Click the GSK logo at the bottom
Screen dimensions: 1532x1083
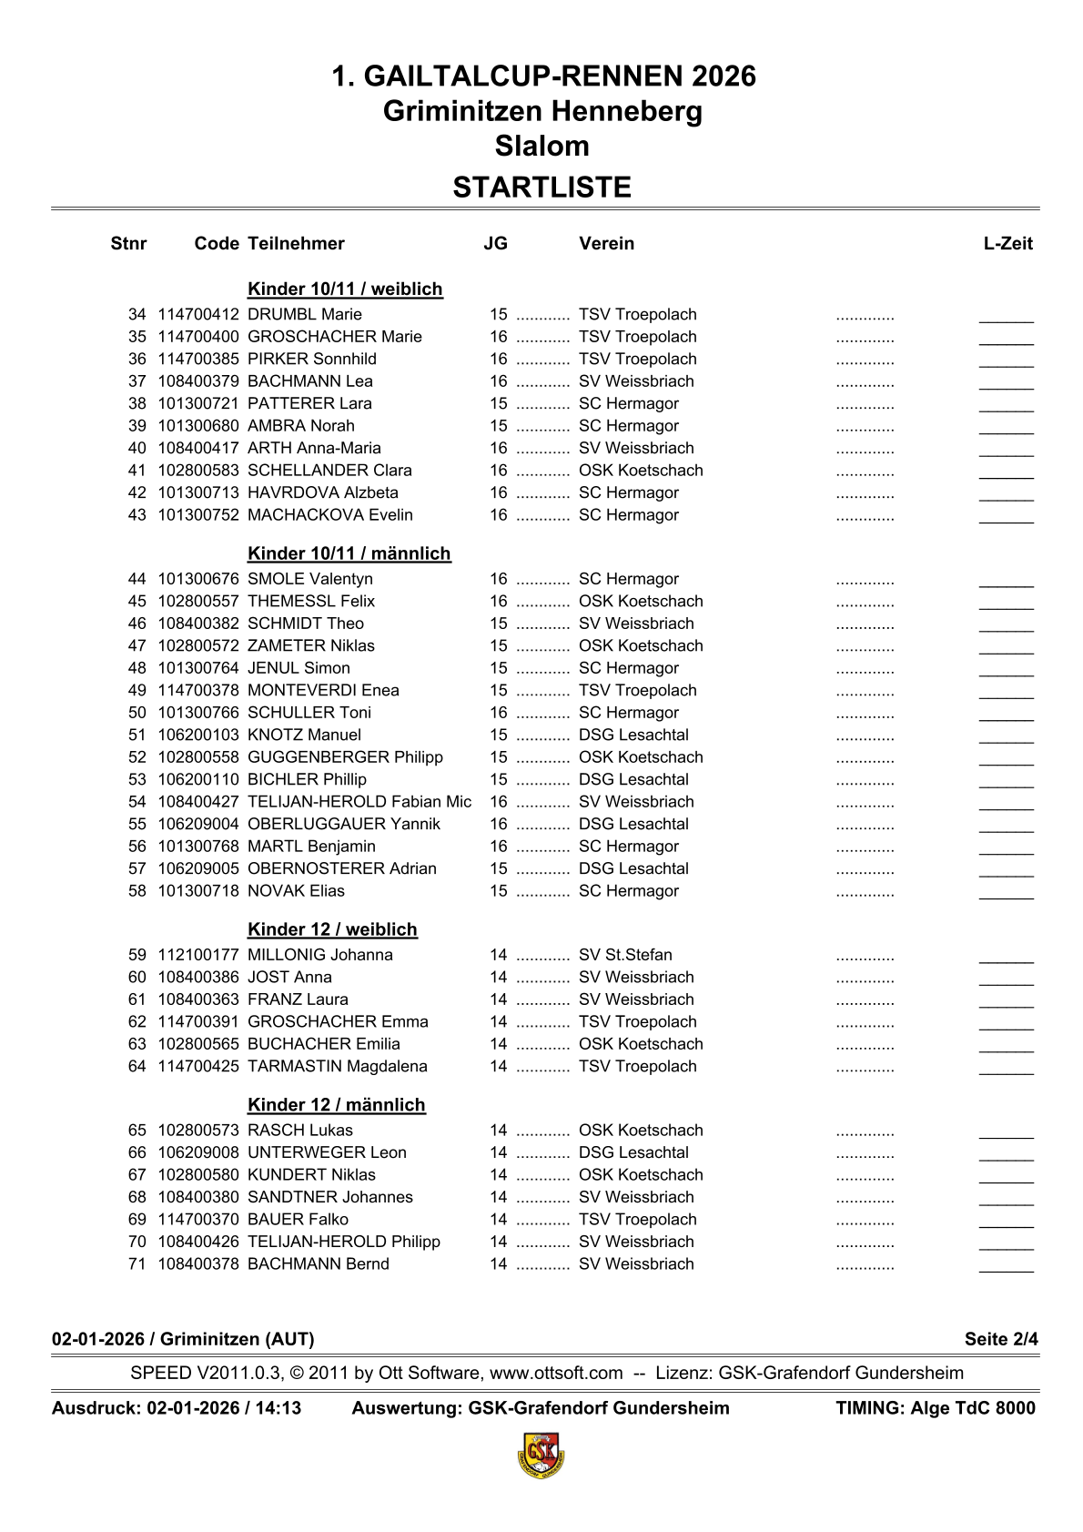pos(541,1455)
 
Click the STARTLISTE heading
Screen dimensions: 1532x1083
pos(541,188)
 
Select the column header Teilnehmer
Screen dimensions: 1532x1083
pos(296,243)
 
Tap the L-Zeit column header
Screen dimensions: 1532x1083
pos(1008,243)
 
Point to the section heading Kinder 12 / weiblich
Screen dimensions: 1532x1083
pos(332,929)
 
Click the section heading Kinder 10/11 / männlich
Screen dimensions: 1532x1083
pos(349,553)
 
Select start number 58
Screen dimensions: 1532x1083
pos(137,891)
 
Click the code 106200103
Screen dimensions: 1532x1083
pos(198,736)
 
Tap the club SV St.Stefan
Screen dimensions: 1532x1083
pos(625,955)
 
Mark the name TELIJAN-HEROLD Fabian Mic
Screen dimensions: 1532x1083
pos(359,802)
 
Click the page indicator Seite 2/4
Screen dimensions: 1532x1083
pos(1001,1339)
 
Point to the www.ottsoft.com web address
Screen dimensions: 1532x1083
pos(556,1373)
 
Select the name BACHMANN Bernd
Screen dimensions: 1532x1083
pos(319,1264)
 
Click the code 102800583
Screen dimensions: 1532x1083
pos(198,471)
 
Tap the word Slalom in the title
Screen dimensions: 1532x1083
pos(541,146)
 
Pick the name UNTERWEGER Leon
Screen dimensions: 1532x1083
pos(327,1152)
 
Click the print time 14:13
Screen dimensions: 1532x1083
pos(278,1408)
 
